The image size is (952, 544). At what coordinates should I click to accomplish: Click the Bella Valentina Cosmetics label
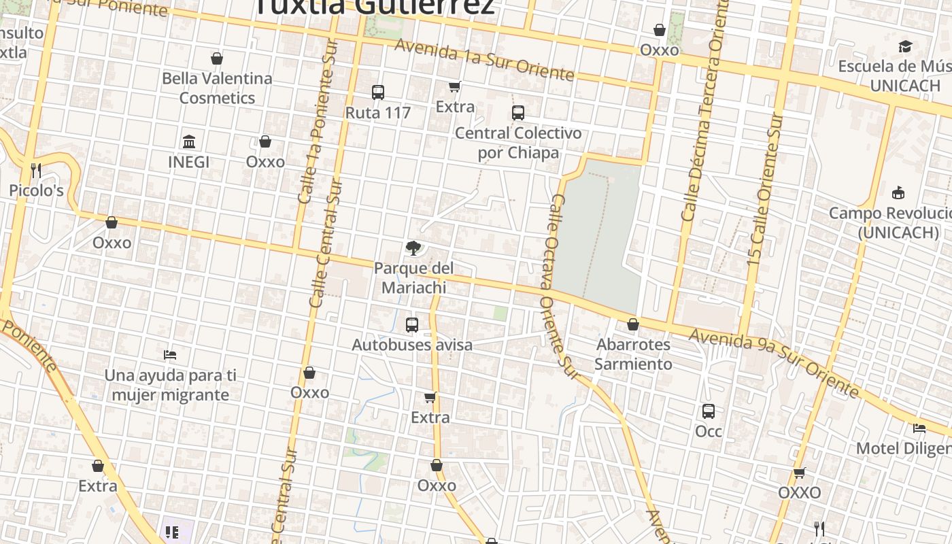pyautogui.click(x=217, y=88)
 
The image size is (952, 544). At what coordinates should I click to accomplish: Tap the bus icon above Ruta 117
pyautogui.click(x=378, y=92)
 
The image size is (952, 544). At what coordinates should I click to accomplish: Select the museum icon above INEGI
pyautogui.click(x=189, y=141)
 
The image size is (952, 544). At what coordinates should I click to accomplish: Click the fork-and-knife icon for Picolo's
pyautogui.click(x=36, y=170)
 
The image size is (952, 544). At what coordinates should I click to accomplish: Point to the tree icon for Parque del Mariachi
pyautogui.click(x=413, y=248)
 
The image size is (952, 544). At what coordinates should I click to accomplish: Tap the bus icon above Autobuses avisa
pyautogui.click(x=411, y=325)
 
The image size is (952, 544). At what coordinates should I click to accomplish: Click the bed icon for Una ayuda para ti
pyautogui.click(x=170, y=355)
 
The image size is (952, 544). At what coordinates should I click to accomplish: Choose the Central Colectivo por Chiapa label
pyautogui.click(x=517, y=142)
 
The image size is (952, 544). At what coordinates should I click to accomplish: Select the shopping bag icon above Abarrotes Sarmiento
pyautogui.click(x=633, y=324)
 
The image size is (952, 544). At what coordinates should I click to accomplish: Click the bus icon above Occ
pyautogui.click(x=708, y=411)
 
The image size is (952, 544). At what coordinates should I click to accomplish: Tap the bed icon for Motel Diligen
pyautogui.click(x=919, y=428)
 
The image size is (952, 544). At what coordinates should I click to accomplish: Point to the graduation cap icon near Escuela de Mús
pyautogui.click(x=905, y=46)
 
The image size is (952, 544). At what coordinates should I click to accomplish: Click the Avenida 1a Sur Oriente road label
pyautogui.click(x=484, y=59)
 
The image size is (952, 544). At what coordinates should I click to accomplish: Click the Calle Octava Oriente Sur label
pyautogui.click(x=562, y=286)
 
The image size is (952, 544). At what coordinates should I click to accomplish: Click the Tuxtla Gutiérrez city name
pyautogui.click(x=375, y=7)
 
